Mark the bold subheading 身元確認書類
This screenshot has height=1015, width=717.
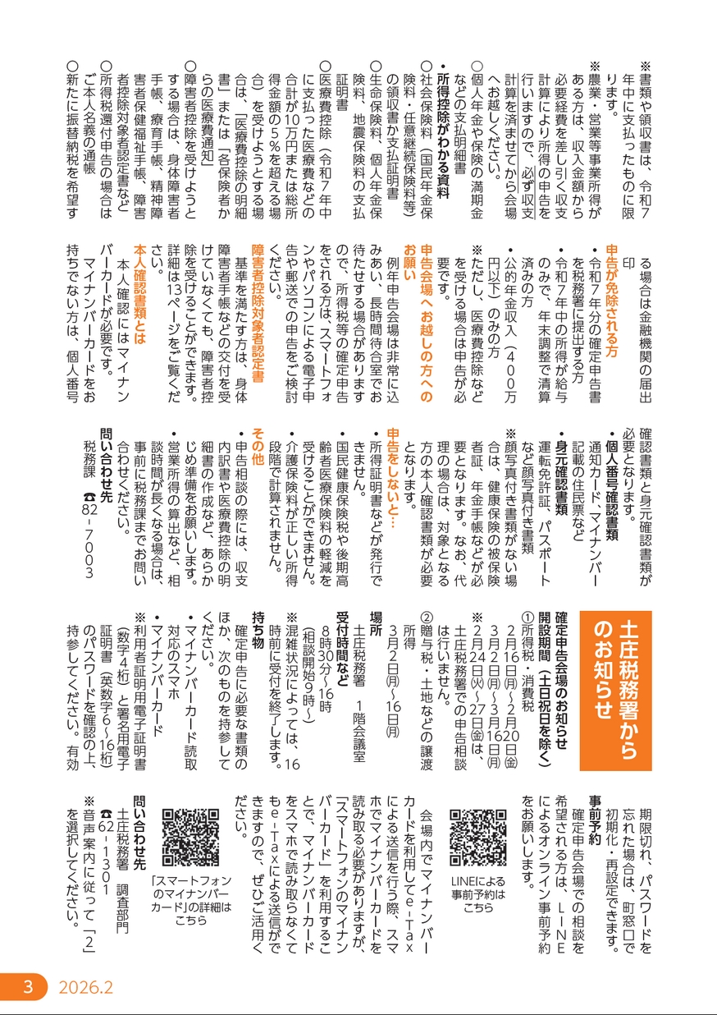click(x=563, y=475)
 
